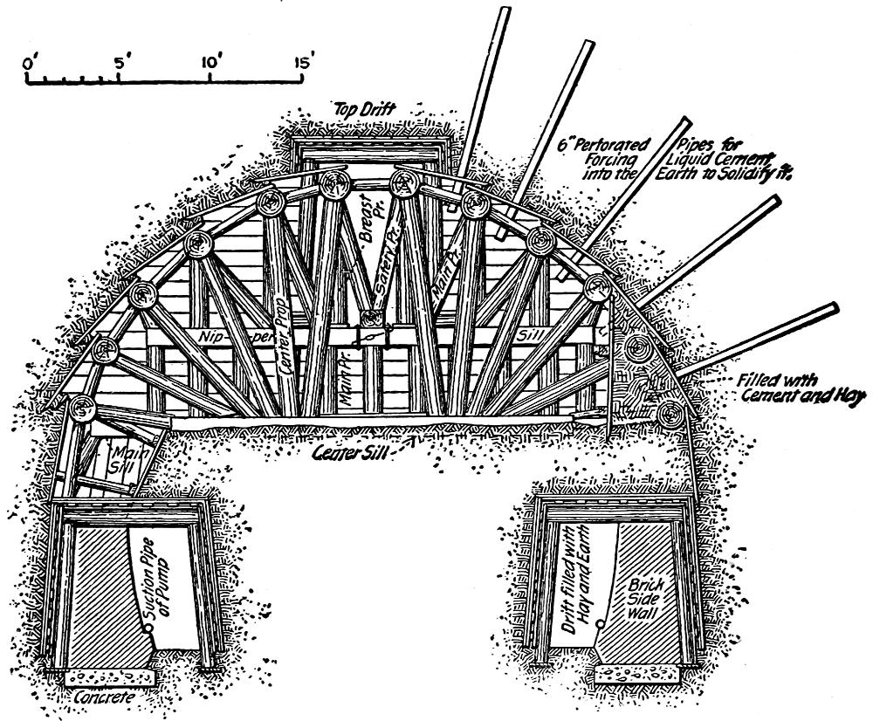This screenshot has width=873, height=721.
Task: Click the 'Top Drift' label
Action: (364, 109)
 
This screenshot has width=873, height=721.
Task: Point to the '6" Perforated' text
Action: (603, 145)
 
